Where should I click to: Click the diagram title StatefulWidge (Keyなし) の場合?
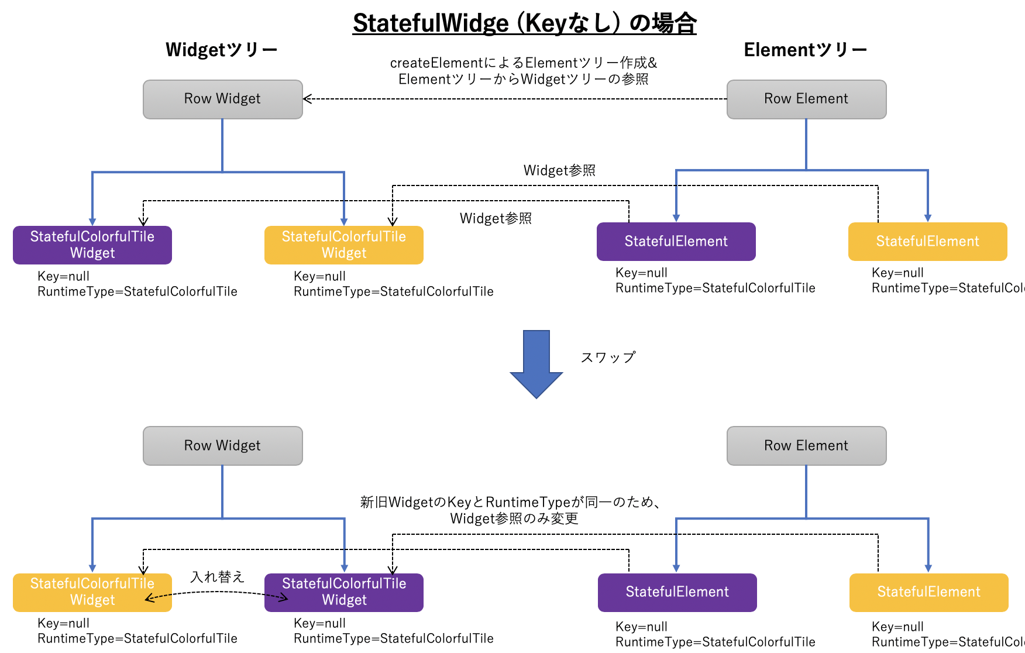coord(524,23)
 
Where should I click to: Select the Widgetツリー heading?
coord(221,50)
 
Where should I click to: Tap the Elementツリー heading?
coord(805,50)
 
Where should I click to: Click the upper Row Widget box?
coord(222,99)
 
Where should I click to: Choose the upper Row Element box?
coord(806,99)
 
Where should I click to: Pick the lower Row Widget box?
coord(222,445)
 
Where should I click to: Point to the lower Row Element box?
coord(806,445)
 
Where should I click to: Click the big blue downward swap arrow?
coord(536,363)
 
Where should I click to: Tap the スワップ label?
coord(608,357)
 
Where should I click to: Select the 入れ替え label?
coord(217,577)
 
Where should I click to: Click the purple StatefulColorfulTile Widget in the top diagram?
coord(92,245)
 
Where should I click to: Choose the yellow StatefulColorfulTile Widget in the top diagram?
coord(344,245)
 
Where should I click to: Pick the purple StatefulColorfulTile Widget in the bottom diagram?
coord(344,592)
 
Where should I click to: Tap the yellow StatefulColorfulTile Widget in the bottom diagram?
coord(92,592)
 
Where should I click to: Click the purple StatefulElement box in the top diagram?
coord(676,241)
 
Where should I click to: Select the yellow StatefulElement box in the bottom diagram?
coord(928,592)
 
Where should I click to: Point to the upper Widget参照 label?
coord(559,170)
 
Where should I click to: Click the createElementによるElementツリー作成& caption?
coord(524,63)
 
